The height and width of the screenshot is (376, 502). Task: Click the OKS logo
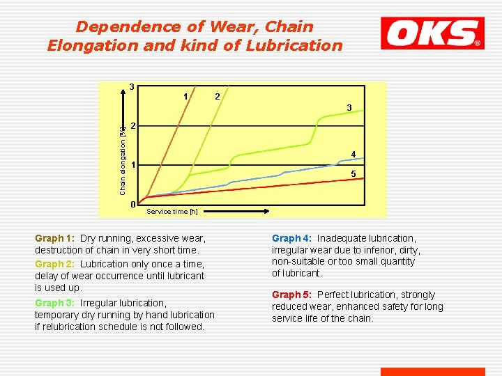[432, 33]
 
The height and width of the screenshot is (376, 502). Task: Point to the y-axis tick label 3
[132, 87]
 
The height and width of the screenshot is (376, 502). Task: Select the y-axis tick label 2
[132, 125]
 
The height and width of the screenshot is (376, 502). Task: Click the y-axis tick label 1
[132, 165]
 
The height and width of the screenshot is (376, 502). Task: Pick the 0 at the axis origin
[132, 204]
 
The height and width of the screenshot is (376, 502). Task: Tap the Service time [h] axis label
[172, 211]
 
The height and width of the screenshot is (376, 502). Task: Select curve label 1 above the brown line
[185, 96]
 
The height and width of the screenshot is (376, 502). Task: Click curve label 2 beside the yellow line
[218, 95]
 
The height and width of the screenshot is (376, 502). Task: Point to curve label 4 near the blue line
[353, 154]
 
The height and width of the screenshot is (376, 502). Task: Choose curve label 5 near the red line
[353, 173]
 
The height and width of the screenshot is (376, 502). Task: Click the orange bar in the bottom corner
[432, 372]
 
